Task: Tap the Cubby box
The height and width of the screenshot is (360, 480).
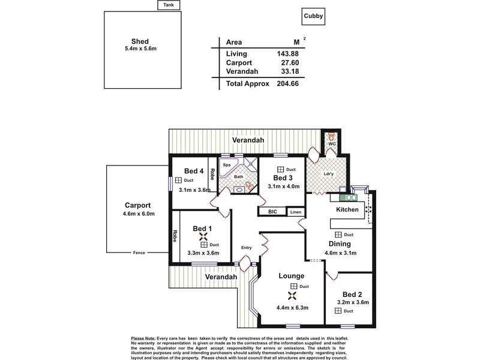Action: tap(311, 17)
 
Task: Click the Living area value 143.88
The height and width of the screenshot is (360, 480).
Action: tap(287, 53)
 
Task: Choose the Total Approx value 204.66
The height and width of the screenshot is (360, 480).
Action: tap(287, 85)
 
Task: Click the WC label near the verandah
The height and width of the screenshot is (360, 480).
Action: tap(331, 145)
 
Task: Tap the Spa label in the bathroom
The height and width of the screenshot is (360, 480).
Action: tap(227, 164)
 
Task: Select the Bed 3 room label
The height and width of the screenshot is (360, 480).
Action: tap(283, 178)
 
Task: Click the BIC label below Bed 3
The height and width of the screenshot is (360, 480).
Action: tap(272, 212)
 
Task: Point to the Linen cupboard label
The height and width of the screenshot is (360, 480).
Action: tap(295, 212)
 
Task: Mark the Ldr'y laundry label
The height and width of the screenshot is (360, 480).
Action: tap(328, 175)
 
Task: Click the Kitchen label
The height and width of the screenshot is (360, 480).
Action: tap(347, 209)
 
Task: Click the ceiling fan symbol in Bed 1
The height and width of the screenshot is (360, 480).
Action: tap(202, 237)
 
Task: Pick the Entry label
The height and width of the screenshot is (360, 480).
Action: tap(246, 248)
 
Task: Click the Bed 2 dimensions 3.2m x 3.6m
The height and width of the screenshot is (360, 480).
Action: tap(351, 303)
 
